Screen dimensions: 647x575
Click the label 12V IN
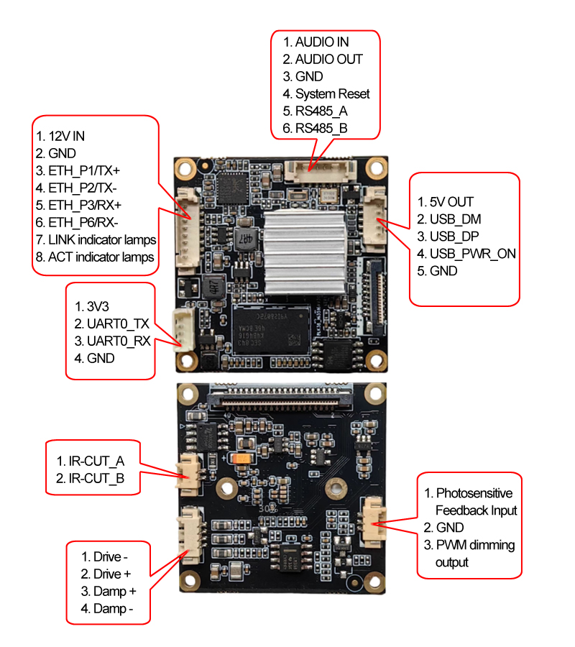pyautogui.click(x=67, y=136)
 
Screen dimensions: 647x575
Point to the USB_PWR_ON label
pyautogui.click(x=472, y=254)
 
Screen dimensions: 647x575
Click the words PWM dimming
pyautogui.click(x=475, y=545)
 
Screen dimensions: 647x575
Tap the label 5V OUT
pyautogui.click(x=451, y=202)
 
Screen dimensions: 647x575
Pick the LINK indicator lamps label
pyautogui.click(x=102, y=239)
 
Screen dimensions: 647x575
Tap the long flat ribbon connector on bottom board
pyautogui.click(x=281, y=394)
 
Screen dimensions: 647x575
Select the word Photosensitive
pyautogui.click(x=474, y=493)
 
